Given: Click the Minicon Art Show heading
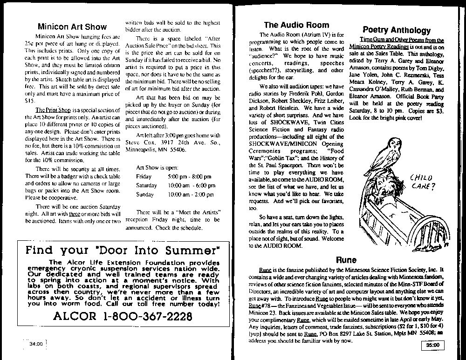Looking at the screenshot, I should tap(72, 27).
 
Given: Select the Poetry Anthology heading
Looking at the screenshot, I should tap(397, 30).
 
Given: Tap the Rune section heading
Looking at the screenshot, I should tap(346, 260).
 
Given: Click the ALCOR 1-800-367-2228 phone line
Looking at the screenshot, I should tap(123, 317).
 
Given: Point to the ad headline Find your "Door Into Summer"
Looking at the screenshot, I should tap(123, 250).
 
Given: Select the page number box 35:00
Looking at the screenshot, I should tap(433, 345).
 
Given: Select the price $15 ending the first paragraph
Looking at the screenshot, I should tap(29, 100).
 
